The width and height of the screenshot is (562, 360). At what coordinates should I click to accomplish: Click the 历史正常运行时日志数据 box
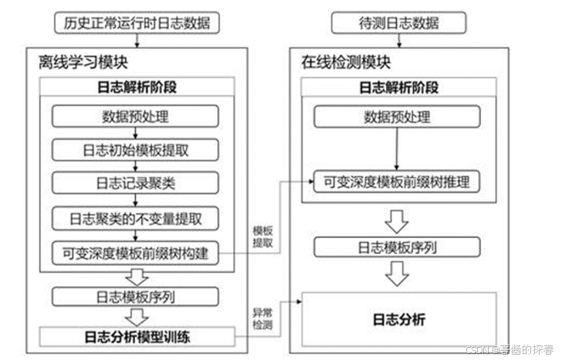coord(137,24)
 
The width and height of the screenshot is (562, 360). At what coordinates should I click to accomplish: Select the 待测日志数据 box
coord(398,24)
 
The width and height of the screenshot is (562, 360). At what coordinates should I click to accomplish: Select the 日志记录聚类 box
coord(136,184)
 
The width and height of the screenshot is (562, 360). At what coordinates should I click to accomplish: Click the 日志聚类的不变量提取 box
coord(136,219)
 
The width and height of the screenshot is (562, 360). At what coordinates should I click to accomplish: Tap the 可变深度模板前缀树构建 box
coord(136,252)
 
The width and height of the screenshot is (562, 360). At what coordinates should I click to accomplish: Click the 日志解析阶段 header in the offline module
coord(137,87)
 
